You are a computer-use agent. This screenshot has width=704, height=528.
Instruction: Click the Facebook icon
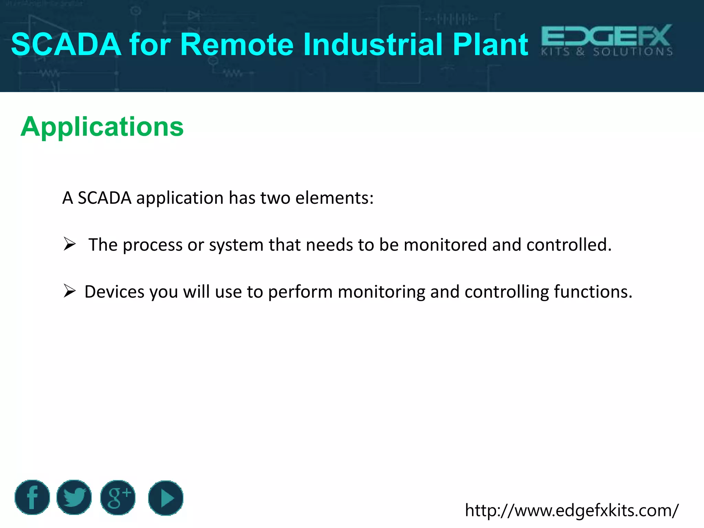pos(32,497)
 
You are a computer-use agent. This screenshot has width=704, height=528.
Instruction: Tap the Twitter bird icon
pos(74,497)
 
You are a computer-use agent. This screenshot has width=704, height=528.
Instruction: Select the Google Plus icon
pos(118,497)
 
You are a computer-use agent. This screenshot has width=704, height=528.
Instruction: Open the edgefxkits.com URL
pos(571,510)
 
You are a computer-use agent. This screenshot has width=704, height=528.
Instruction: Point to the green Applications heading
pos(102,126)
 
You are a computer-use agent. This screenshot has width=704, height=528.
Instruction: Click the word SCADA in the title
pos(66,44)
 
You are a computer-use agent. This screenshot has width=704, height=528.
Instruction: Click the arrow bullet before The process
pos(69,244)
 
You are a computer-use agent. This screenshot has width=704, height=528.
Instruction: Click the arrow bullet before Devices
pos(69,291)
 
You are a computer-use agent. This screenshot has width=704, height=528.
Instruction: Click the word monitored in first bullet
pos(445,245)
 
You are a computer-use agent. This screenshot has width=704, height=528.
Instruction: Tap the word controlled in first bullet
pos(569,245)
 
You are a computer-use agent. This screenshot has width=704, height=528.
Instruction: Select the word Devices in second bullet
pos(114,291)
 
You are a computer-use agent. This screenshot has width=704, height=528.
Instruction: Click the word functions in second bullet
pos(593,291)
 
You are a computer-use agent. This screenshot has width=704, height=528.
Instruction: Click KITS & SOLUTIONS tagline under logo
pos(607,52)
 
